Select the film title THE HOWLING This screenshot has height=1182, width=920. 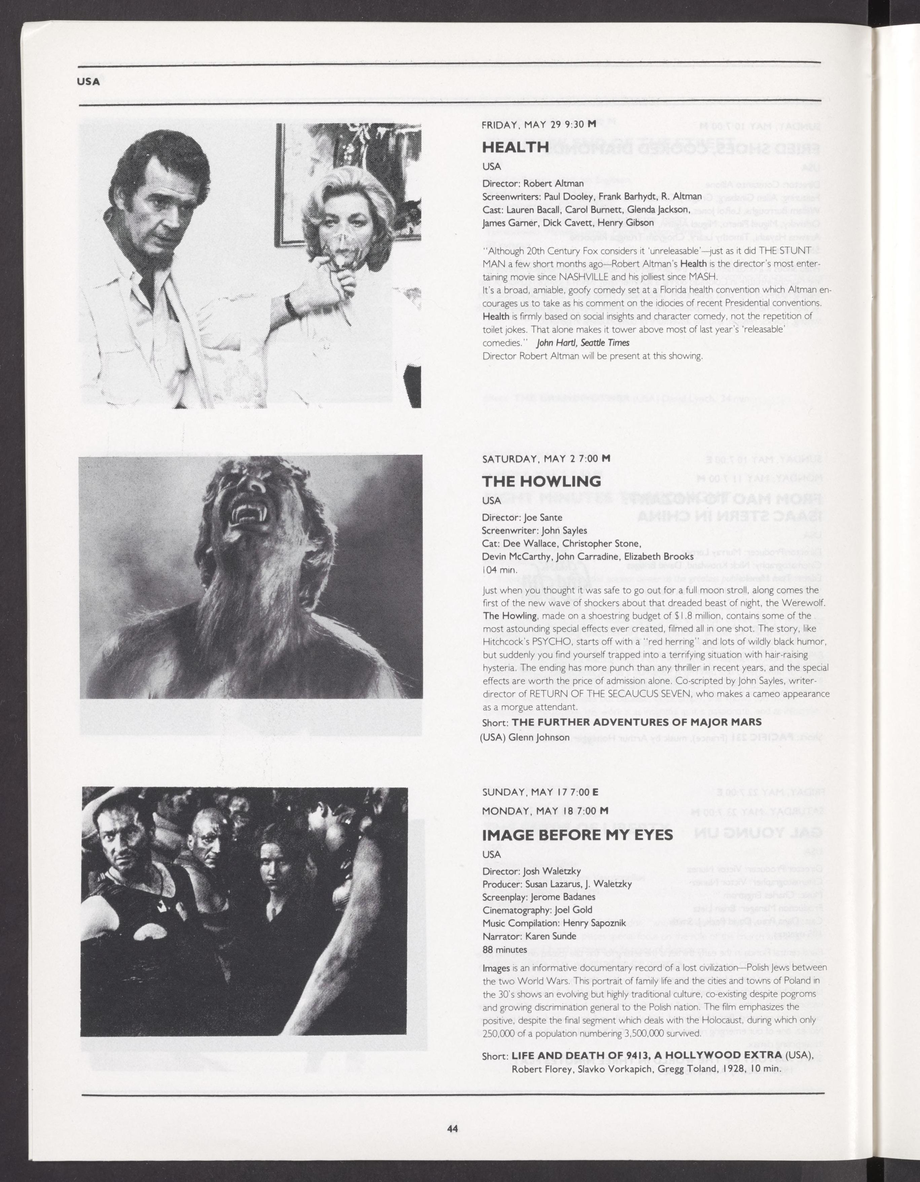(x=541, y=481)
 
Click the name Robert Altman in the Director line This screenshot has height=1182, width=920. (x=553, y=184)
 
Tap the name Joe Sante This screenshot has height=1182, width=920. (x=543, y=517)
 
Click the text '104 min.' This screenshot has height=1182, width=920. (x=499, y=570)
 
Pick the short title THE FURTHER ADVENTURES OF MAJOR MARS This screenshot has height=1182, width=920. (x=636, y=722)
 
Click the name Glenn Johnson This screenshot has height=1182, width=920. (x=539, y=737)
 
